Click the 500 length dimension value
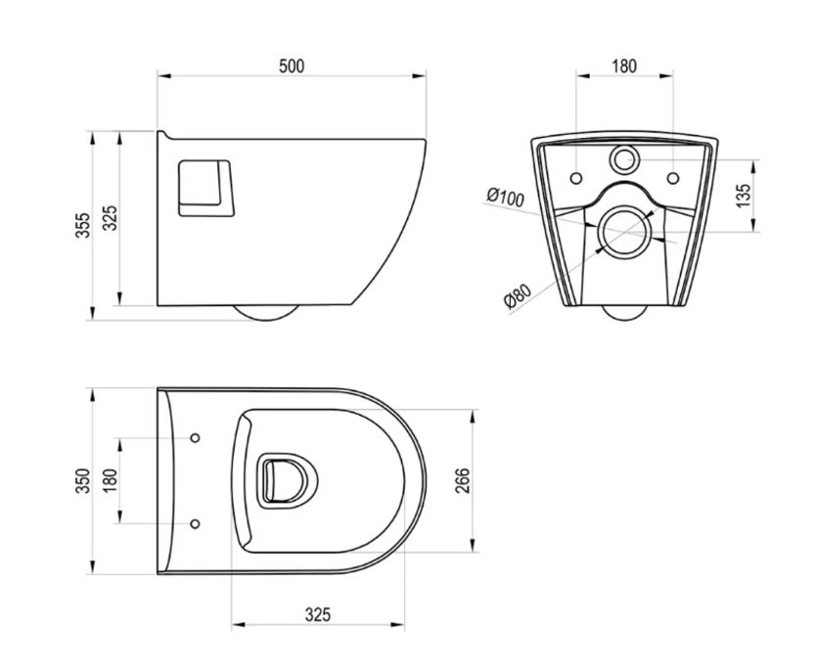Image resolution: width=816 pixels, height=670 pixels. coord(292,67)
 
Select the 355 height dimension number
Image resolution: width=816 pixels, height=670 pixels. coord(83,225)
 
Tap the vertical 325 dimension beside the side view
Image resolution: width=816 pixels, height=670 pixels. coord(110,218)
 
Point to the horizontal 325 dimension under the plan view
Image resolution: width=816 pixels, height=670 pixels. coord(317,615)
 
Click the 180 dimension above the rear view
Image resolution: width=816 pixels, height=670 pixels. coord(624,67)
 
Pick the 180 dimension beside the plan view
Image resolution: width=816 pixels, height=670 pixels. coord(110,480)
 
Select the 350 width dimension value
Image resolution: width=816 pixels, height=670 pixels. coord(83,480)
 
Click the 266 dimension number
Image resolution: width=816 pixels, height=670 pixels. coord(462,480)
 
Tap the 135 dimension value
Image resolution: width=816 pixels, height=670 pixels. coord(745,195)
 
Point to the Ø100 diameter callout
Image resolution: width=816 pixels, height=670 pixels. coord(505,198)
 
